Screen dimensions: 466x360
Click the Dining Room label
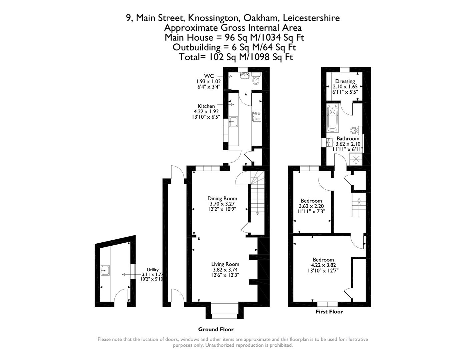222,198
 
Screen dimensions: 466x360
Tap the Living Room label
225,264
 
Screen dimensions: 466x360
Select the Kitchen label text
206,106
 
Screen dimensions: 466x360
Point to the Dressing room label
345,81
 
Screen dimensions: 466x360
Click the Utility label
152,270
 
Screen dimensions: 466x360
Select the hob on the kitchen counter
257,116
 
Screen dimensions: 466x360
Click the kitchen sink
233,122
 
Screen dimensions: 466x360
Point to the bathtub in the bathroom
332,118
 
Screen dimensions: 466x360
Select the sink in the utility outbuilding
105,270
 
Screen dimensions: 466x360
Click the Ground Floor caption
216,329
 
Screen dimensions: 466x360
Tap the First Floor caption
329,312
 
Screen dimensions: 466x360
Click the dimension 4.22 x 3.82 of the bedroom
323,265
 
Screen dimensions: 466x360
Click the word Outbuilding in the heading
196,47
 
